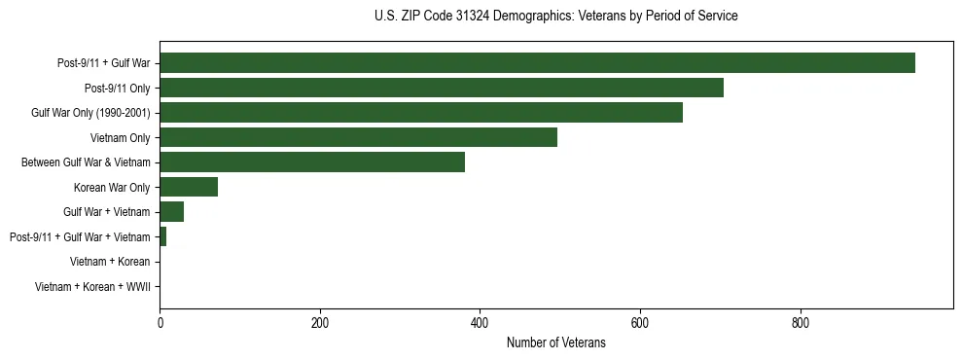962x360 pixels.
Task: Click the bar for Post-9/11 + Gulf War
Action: pos(537,63)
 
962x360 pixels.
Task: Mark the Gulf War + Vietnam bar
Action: pos(172,212)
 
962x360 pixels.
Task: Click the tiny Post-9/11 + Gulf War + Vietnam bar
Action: pos(163,236)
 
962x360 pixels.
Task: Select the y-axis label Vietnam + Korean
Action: pos(110,262)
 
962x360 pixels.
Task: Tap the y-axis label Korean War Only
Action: pos(112,187)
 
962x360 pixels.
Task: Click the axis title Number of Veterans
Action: pos(555,342)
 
